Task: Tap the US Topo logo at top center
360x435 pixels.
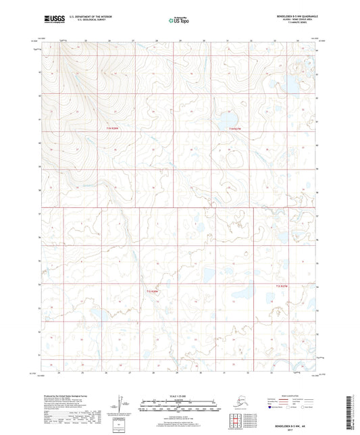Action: (x=177, y=21)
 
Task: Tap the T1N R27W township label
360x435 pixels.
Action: (x=234, y=128)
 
